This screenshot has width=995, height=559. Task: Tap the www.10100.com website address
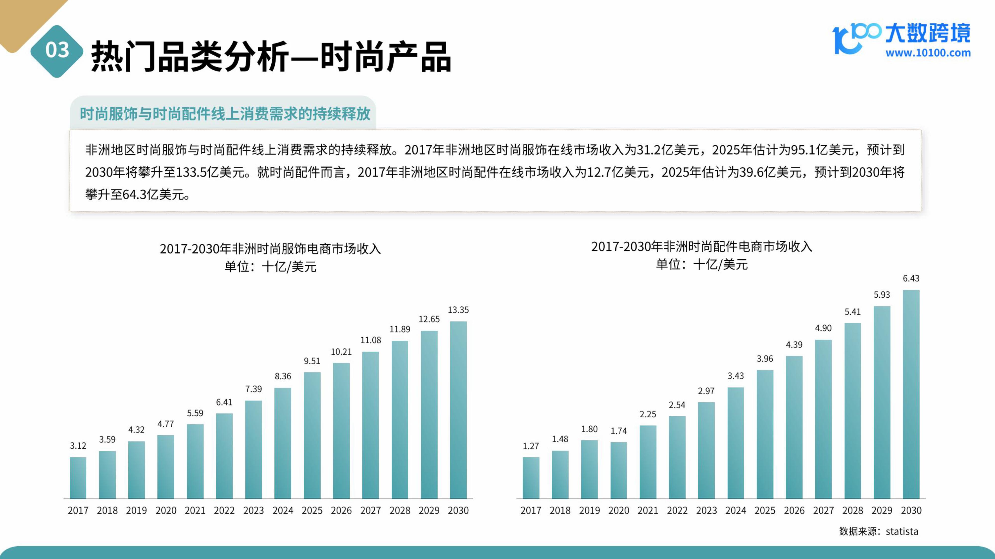click(x=928, y=53)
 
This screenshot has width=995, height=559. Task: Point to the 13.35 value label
click(x=458, y=310)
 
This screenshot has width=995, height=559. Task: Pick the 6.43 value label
click(x=911, y=279)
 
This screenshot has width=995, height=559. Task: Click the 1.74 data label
click(x=618, y=431)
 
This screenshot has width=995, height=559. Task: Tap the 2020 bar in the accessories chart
click(x=618, y=470)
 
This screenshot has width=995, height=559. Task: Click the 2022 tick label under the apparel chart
click(x=224, y=510)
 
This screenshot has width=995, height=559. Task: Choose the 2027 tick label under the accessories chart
click(x=823, y=510)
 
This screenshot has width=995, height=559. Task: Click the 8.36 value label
click(x=283, y=376)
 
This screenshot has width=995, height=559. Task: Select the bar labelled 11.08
click(x=370, y=425)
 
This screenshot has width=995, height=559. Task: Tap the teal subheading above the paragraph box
click(x=225, y=114)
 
